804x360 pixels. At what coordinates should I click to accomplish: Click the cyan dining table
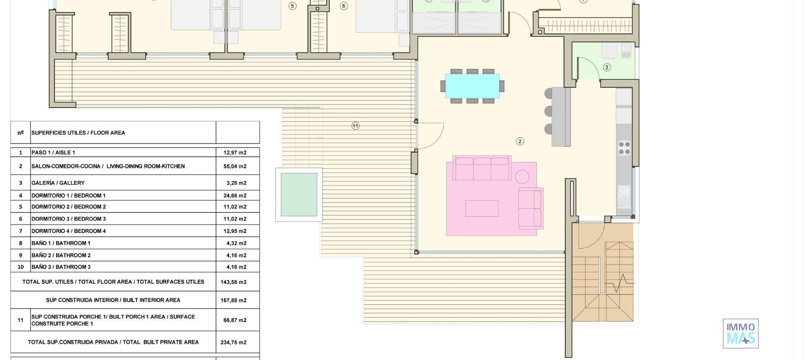tap(472, 86)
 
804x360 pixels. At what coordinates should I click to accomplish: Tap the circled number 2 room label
tap(520, 141)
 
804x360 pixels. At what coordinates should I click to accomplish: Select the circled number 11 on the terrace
tap(355, 126)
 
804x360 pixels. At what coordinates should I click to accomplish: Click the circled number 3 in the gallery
tap(606, 67)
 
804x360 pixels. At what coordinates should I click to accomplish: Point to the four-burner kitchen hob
tap(624, 148)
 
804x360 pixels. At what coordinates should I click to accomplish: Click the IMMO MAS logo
tap(740, 333)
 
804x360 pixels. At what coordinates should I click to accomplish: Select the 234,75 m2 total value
tap(234, 342)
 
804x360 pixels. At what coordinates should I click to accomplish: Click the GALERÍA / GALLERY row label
tap(58, 183)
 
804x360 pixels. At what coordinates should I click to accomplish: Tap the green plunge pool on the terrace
tap(299, 195)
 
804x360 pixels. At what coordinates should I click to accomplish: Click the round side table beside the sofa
tap(522, 177)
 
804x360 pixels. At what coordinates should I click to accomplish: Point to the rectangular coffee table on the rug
tap(482, 208)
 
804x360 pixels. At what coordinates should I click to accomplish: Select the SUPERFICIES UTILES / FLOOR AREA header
tap(78, 133)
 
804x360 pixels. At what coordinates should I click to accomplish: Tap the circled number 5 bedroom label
tap(292, 6)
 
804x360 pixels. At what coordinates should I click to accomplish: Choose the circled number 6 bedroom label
tap(343, 6)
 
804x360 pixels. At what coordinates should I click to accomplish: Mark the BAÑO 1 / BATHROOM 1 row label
tap(61, 243)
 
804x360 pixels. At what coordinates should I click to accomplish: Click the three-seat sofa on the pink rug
tap(482, 168)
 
